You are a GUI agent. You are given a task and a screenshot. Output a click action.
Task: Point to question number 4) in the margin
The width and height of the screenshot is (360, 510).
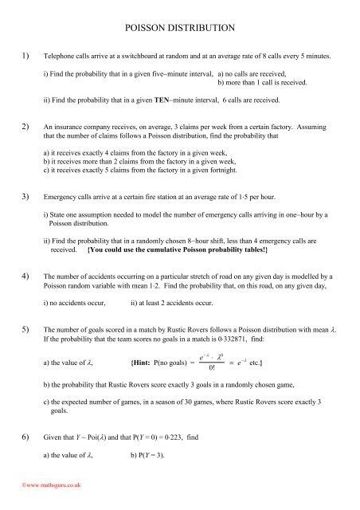25,275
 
